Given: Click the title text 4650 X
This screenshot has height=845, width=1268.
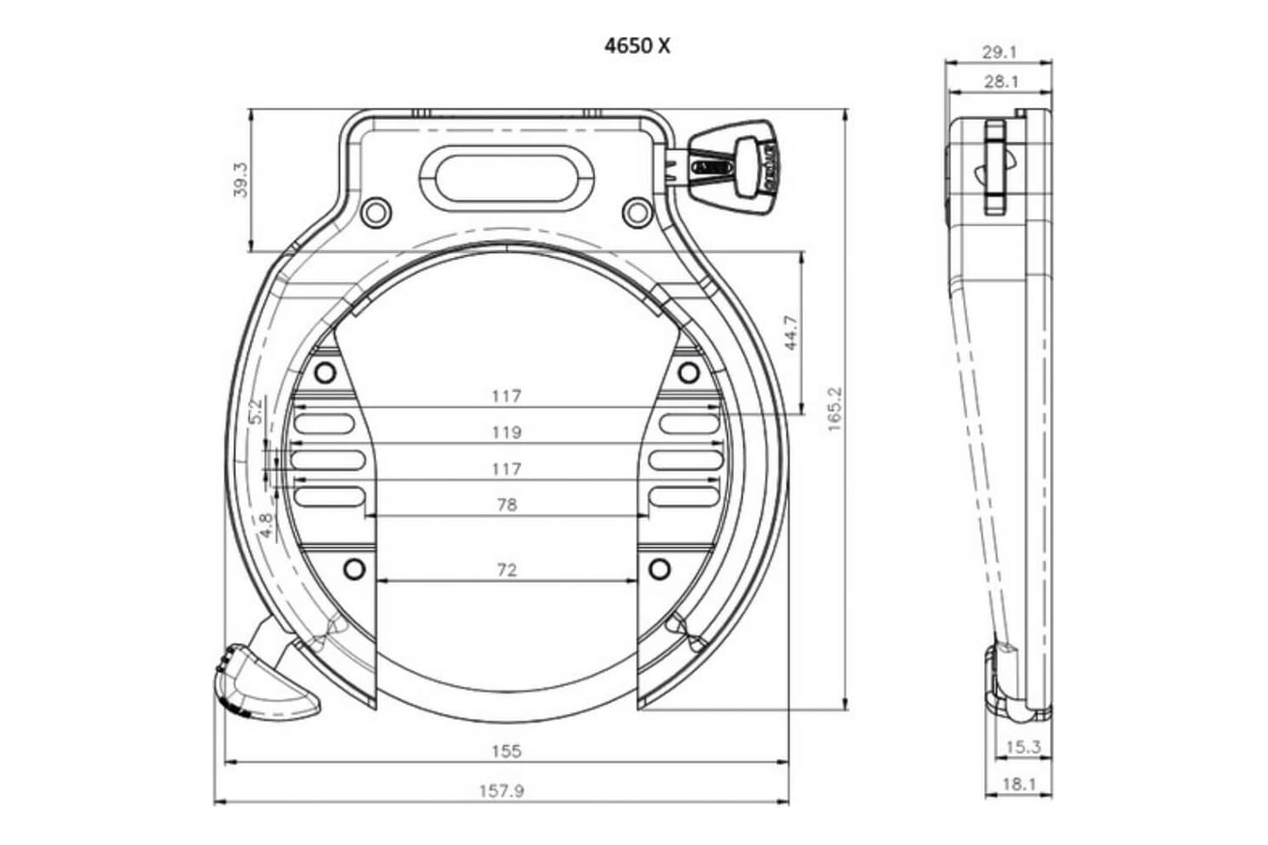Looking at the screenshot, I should tap(637, 46).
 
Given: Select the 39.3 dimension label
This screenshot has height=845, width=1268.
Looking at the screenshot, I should tap(240, 180).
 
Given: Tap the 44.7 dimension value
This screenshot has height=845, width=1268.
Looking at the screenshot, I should tap(790, 333).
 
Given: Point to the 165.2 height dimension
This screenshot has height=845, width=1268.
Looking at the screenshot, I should tap(835, 410).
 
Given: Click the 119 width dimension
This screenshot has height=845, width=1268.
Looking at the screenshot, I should tap(506, 433).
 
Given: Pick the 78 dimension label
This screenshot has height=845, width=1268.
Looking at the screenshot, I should tap(506, 505).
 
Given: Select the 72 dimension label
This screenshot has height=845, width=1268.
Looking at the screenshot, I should tap(506, 570).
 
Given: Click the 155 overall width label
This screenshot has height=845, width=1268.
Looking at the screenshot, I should tap(506, 750).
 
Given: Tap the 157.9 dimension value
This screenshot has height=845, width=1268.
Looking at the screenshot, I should tap(501, 791).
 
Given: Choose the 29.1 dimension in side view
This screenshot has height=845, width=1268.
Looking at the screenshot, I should tap(999, 52).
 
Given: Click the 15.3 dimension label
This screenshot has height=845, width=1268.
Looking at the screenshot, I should tap(1023, 747).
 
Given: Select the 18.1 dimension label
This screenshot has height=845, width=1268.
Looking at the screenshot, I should tap(1019, 784).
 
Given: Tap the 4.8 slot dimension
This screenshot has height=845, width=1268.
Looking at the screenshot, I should tap(266, 525).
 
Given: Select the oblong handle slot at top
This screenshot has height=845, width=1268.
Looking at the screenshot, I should tap(506, 173).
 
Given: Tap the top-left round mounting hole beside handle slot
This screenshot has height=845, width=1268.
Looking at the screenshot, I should tap(375, 211).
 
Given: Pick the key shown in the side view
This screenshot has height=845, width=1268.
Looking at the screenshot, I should tap(995, 167).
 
